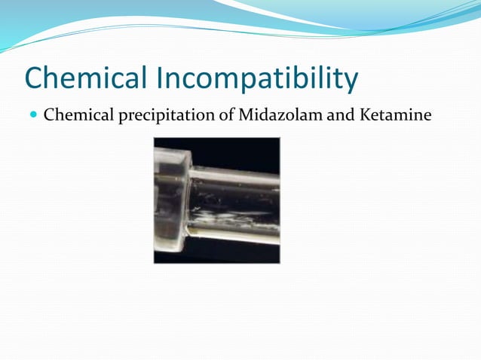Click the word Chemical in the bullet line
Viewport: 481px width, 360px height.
pos(73,115)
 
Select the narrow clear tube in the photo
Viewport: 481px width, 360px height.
pos(241,203)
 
